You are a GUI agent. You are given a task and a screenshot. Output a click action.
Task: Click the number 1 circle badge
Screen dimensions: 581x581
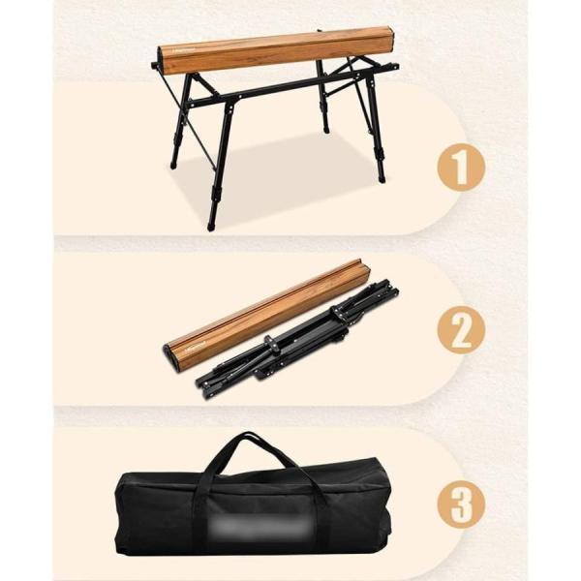click(x=461, y=168)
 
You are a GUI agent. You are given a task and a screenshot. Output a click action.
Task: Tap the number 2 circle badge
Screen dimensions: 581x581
click(x=461, y=330)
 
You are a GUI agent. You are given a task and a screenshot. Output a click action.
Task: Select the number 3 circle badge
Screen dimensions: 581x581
click(x=461, y=504)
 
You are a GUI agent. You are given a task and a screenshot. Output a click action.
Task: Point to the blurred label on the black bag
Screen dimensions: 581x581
click(x=259, y=524)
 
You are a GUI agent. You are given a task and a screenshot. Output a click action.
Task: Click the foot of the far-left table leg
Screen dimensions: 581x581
click(x=173, y=164)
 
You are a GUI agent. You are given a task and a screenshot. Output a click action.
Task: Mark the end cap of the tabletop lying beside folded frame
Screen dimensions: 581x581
click(x=170, y=356)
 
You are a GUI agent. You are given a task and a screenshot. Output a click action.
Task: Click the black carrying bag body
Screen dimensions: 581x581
click(x=253, y=513)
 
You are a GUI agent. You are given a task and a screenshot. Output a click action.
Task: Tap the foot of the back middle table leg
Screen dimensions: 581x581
click(x=326, y=129)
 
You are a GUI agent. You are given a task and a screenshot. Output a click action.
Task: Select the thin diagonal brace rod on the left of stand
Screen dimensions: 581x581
click(x=189, y=120)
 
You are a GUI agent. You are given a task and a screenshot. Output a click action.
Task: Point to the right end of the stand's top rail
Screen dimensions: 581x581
click(x=395, y=66)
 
